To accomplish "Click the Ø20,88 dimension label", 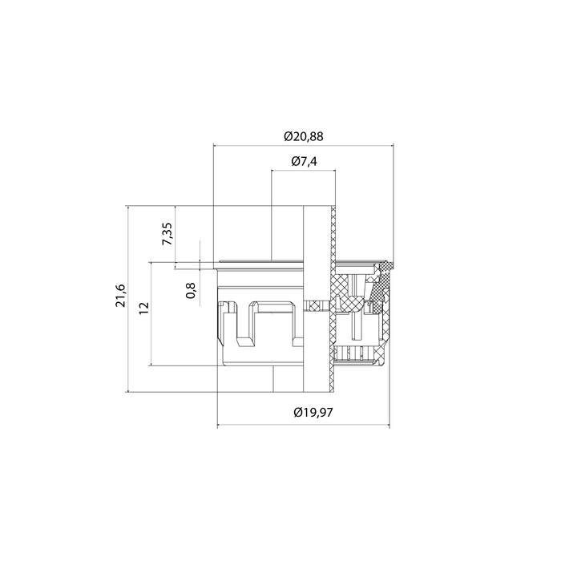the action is [304, 136].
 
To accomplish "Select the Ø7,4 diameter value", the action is [304, 161].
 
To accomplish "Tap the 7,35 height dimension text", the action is [167, 234].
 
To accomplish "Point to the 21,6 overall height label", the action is [121, 296].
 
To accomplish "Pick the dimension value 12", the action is [143, 308].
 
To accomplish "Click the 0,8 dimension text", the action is [191, 290].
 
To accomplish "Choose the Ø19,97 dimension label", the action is [313, 413].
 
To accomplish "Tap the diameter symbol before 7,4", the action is [296, 161].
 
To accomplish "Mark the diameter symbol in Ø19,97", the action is [297, 413].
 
